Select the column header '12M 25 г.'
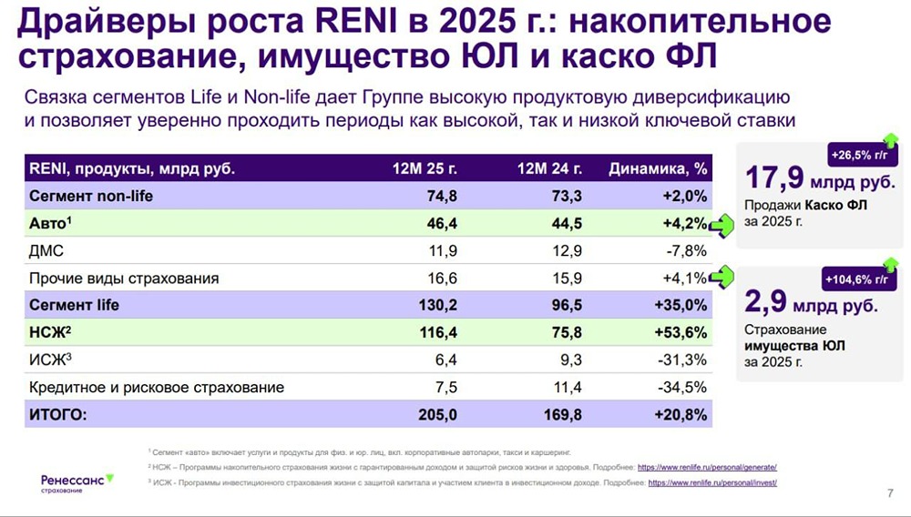click(x=424, y=168)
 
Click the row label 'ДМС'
click(x=46, y=250)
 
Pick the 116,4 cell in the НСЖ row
click(x=435, y=332)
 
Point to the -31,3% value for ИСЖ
click(x=683, y=360)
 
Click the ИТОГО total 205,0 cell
click(x=435, y=414)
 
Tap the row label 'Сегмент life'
click(x=75, y=305)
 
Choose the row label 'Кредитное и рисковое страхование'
click(x=157, y=387)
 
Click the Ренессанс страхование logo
click(x=77, y=482)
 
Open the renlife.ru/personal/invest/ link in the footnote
click(x=711, y=482)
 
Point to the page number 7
click(x=889, y=494)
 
